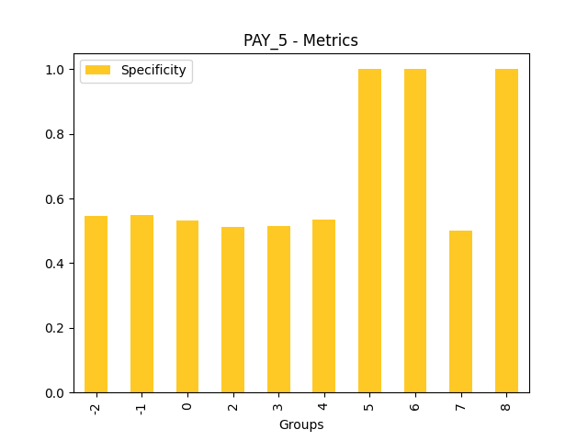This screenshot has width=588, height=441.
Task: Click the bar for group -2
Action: click(96, 304)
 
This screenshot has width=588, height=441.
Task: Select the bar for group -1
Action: click(141, 304)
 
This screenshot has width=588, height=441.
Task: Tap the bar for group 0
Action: click(187, 307)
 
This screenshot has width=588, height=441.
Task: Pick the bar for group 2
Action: click(232, 310)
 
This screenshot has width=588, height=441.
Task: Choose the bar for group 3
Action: click(278, 310)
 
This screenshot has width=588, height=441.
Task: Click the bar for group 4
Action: click(323, 306)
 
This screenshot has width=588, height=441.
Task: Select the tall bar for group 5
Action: click(369, 231)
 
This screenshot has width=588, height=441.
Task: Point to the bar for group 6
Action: click(415, 231)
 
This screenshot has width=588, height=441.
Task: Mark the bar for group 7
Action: click(460, 311)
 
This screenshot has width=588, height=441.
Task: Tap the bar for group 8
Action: click(506, 231)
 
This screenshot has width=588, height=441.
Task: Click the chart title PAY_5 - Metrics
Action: click(300, 40)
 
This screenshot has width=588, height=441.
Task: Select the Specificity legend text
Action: click(153, 70)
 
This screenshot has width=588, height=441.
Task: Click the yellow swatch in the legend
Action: click(97, 70)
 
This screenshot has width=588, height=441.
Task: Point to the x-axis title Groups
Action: click(301, 424)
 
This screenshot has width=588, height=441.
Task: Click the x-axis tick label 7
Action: click(461, 404)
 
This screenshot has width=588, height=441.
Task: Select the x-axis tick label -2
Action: click(96, 406)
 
